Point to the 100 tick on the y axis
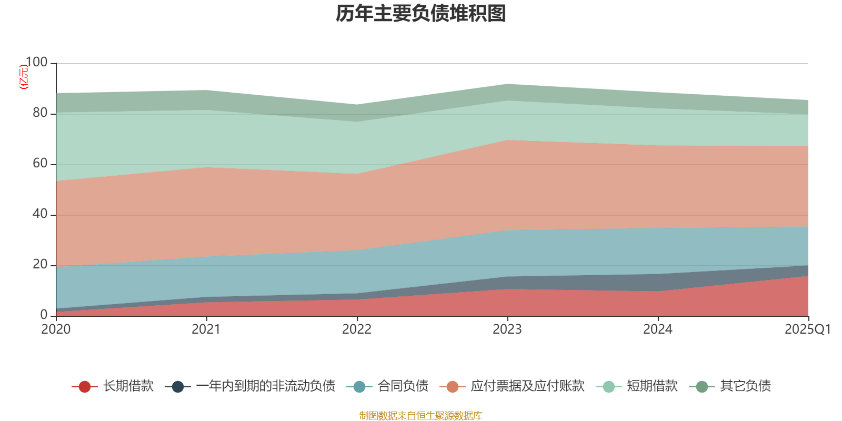click(x=36, y=63)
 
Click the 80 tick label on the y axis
click(x=40, y=113)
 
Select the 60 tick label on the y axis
click(x=40, y=164)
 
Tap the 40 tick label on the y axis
click(x=40, y=214)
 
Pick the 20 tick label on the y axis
click(x=40, y=265)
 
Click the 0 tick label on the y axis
click(x=44, y=315)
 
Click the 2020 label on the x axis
click(x=56, y=329)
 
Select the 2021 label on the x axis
click(x=206, y=329)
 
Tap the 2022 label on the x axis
click(x=357, y=329)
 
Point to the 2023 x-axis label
click(x=507, y=329)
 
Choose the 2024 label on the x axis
click(x=658, y=329)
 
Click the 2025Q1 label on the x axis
click(x=807, y=329)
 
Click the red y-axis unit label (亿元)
click(x=24, y=77)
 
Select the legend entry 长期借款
click(x=128, y=386)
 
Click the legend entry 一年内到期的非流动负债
click(x=265, y=386)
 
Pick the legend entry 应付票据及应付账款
click(x=527, y=386)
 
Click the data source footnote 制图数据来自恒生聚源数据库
click(x=421, y=416)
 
